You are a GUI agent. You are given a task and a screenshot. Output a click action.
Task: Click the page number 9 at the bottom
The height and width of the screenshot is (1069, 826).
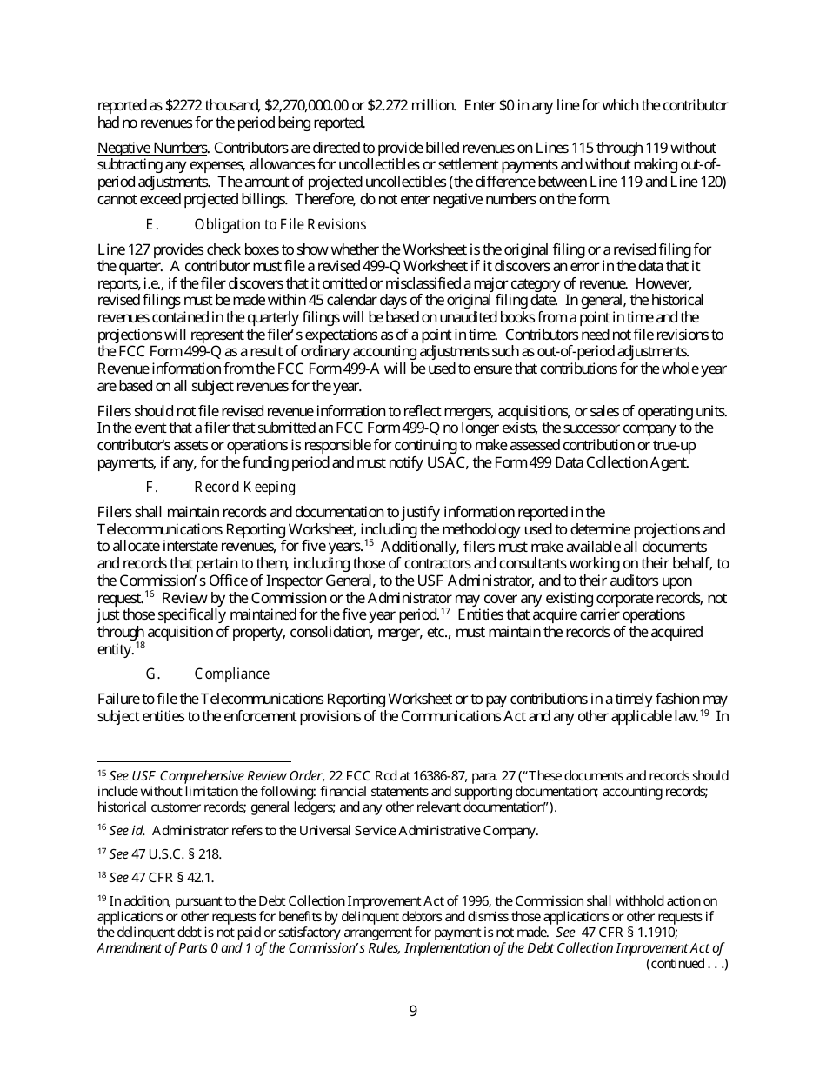coord(413,1011)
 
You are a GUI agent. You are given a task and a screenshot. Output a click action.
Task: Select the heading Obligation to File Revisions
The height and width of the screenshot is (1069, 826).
coord(280,225)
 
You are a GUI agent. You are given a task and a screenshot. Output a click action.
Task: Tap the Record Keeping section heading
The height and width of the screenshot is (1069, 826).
coord(244,488)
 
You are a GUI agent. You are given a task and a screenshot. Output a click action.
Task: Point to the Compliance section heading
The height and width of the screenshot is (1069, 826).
coord(231,674)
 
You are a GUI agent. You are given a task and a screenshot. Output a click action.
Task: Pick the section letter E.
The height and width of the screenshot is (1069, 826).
coord(150,225)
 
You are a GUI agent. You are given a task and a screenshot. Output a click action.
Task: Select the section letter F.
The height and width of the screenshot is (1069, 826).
coord(150,488)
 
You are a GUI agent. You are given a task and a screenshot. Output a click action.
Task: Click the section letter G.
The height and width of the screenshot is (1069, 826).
coord(151,674)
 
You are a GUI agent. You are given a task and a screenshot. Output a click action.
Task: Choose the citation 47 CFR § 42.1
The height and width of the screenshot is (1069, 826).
coord(173,878)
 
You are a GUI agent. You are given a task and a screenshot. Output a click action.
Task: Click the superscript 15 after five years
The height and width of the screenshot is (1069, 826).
coord(369,544)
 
